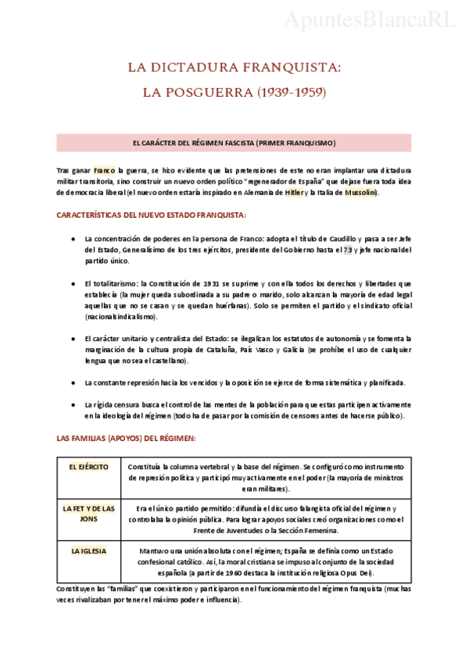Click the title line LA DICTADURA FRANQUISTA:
click(234, 68)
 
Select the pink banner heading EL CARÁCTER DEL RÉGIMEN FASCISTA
click(234, 143)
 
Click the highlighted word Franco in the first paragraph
click(104, 169)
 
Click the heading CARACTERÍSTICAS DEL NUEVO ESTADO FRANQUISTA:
click(152, 215)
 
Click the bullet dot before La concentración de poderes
click(72, 239)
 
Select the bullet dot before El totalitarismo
click(72, 284)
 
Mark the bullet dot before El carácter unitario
click(72, 339)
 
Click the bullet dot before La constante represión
click(72, 383)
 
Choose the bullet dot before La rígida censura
click(72, 406)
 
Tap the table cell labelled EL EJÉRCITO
click(88, 467)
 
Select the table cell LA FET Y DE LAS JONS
click(88, 513)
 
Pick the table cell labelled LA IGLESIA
click(88, 550)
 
